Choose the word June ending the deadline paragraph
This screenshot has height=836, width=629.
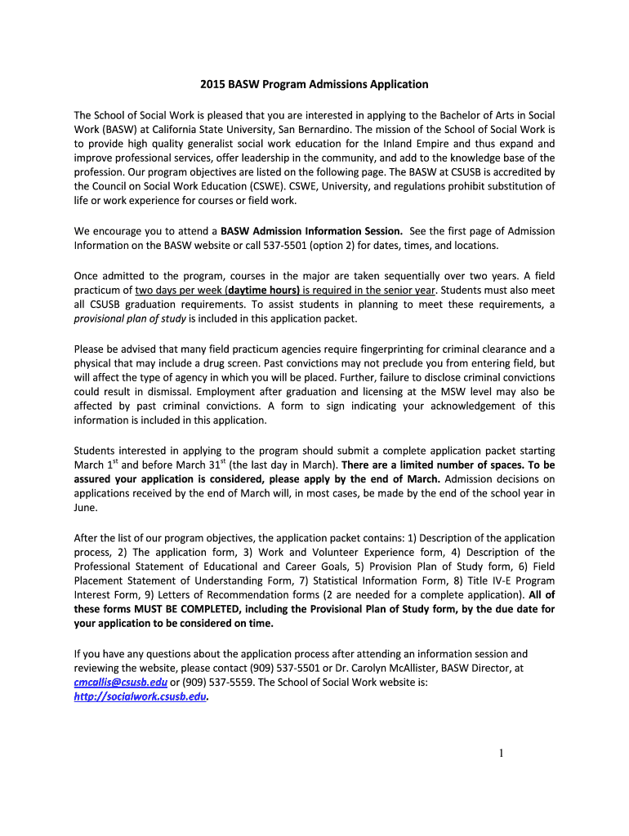pyautogui.click(x=85, y=508)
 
